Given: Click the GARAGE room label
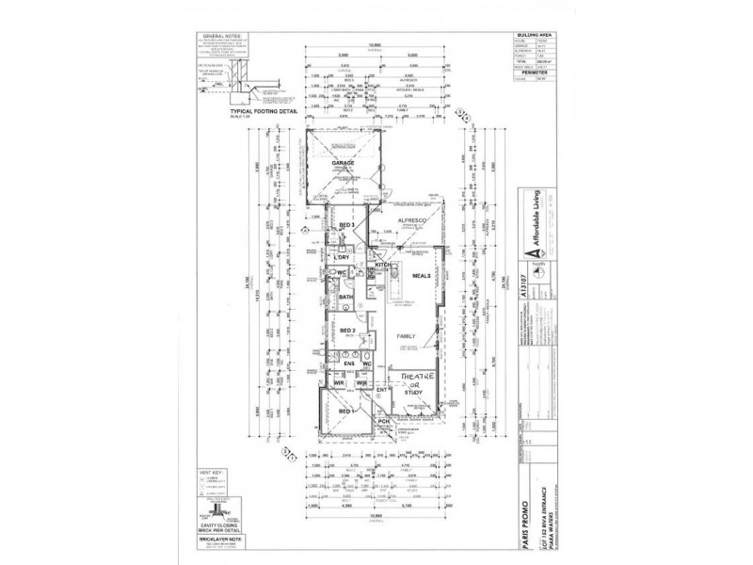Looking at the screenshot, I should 343,163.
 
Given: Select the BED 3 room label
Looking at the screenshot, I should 345,225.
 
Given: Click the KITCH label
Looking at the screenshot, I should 383,266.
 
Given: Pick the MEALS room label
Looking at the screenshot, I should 421,276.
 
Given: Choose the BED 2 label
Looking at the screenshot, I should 345,331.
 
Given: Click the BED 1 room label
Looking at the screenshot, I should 345,412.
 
